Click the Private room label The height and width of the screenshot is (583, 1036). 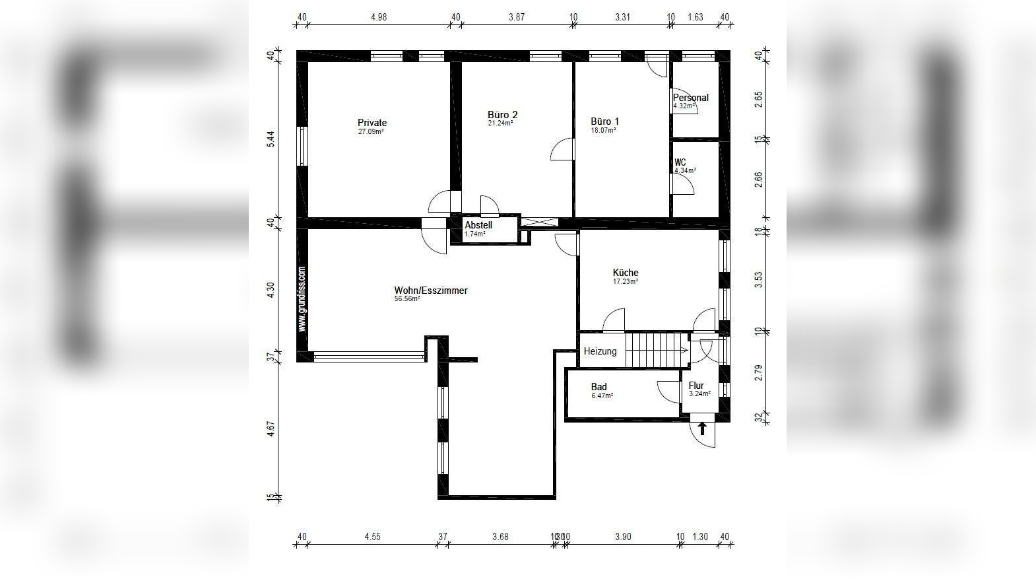tap(372, 123)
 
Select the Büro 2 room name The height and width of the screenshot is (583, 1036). tap(502, 114)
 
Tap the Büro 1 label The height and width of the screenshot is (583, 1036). tap(604, 121)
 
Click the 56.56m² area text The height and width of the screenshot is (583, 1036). tap(407, 299)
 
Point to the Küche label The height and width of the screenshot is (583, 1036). tap(626, 273)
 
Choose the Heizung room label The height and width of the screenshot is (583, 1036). tap(600, 351)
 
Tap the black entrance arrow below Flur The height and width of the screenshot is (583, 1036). tap(702, 429)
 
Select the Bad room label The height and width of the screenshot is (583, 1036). tap(599, 387)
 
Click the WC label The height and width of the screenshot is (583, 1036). tap(680, 162)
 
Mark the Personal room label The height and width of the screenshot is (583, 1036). tap(690, 98)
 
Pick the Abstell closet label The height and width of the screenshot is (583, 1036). tap(478, 225)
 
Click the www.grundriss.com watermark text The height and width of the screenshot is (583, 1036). tap(302, 298)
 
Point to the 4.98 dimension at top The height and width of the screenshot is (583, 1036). tap(379, 17)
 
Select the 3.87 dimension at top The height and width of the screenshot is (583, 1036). tap(516, 17)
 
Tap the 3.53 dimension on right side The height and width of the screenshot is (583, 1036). tap(758, 280)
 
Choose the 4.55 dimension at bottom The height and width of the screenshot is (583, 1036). tap(372, 537)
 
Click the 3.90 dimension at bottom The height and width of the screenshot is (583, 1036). tap(622, 537)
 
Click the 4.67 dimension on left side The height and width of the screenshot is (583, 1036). tap(270, 430)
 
